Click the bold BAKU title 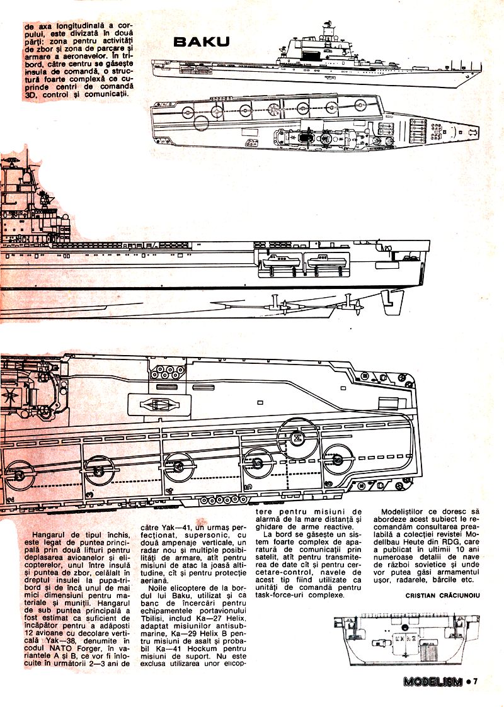click(x=202, y=42)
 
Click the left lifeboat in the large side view click(x=278, y=259)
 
